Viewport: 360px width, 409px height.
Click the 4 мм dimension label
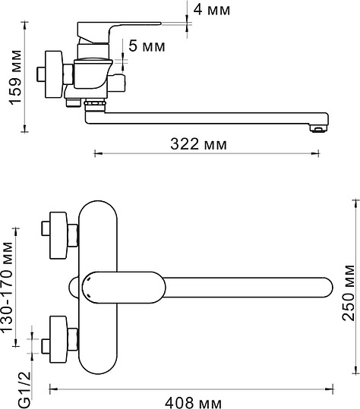click(x=212, y=10)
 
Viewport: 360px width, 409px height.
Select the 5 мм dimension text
click(x=147, y=46)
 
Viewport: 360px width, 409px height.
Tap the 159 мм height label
click(x=16, y=77)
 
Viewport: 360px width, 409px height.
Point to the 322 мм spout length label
click(x=199, y=143)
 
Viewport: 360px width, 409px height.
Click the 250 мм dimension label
click(x=349, y=293)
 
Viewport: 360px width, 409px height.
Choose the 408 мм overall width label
click(x=193, y=403)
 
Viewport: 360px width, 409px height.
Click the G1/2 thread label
click(x=25, y=390)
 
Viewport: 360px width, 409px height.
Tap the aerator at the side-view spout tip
click(x=318, y=128)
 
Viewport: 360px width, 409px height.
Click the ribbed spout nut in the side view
click(x=95, y=104)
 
